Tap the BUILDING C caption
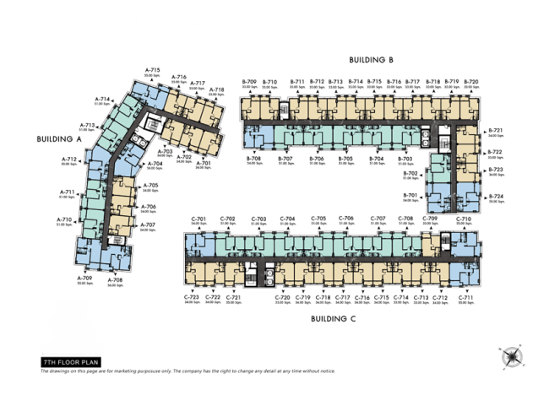[332, 319]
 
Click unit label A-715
[152, 70]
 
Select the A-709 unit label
[84, 278]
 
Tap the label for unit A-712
[69, 159]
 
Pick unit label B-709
[250, 81]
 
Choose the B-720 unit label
[471, 81]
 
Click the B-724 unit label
[496, 197]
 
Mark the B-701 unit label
[410, 195]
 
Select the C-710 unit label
[464, 219]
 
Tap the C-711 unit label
[465, 297]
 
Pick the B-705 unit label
[345, 158]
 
